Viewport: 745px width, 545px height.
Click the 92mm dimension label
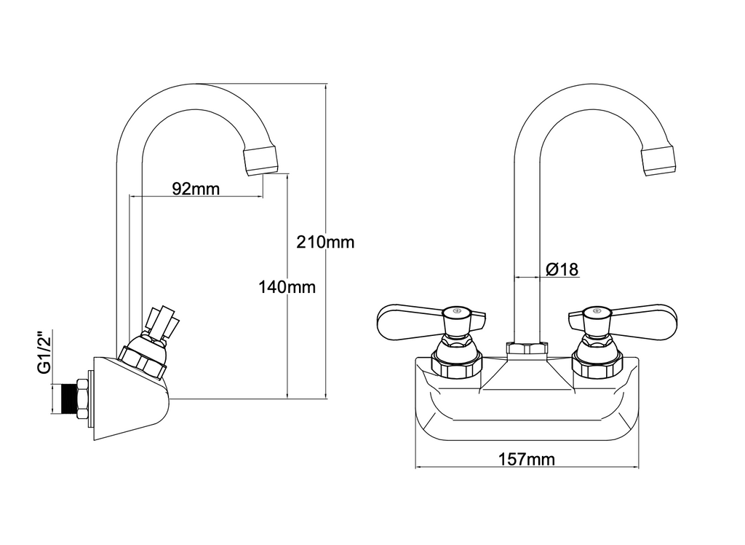pyautogui.click(x=196, y=189)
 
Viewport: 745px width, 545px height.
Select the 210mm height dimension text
pyautogui.click(x=325, y=241)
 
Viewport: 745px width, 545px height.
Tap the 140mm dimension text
pyautogui.click(x=287, y=287)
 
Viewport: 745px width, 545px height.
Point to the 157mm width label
pyautogui.click(x=527, y=459)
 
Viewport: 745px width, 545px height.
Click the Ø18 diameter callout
pyautogui.click(x=561, y=270)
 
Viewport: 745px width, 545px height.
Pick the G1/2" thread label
pyautogui.click(x=45, y=353)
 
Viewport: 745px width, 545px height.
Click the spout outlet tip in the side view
pyautogui.click(x=260, y=160)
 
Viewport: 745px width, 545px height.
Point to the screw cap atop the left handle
pyautogui.click(x=456, y=312)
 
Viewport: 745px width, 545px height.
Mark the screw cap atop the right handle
pyautogui.click(x=596, y=312)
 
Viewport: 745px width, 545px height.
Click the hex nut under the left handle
pyautogui.click(x=456, y=362)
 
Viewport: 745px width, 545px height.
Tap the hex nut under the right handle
pyautogui.click(x=597, y=362)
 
